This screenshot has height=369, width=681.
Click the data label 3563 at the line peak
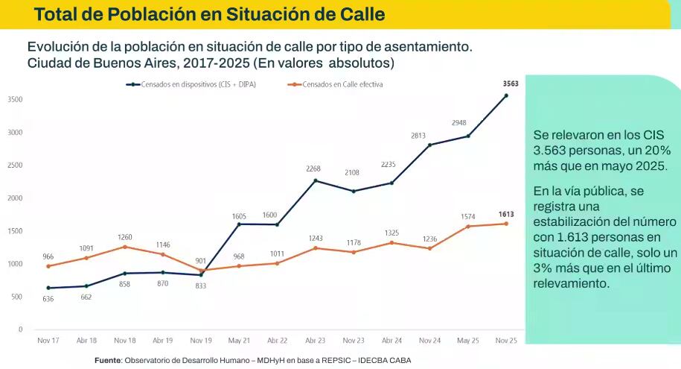(x=511, y=83)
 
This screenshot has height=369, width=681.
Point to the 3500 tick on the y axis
(x=15, y=100)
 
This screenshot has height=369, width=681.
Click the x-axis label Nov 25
(x=506, y=341)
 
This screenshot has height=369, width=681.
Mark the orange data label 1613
(x=506, y=214)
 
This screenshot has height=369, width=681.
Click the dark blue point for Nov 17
(x=48, y=288)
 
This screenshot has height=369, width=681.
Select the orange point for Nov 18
(x=125, y=247)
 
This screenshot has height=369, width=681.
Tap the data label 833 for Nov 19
(x=201, y=286)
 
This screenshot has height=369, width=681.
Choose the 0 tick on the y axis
(x=20, y=329)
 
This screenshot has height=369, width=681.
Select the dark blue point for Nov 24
(x=430, y=145)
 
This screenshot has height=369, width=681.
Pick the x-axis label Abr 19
(x=162, y=341)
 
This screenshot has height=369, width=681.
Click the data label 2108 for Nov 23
(x=354, y=172)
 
